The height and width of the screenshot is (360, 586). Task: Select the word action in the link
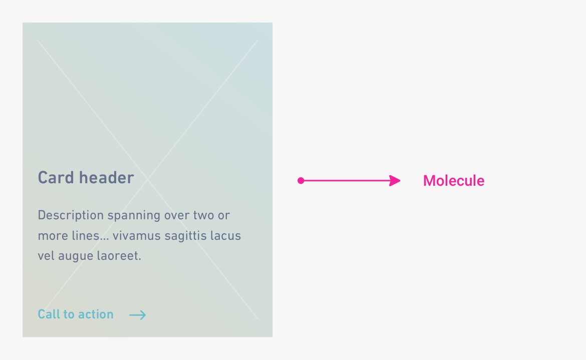click(96, 314)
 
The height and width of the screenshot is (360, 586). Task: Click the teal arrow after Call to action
click(138, 315)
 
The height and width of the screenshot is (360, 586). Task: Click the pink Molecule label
click(454, 181)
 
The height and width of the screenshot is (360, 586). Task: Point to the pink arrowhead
click(394, 181)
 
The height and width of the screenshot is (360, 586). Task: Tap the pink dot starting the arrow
click(301, 181)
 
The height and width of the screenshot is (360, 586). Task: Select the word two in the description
click(203, 216)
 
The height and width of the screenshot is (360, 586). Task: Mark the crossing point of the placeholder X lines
click(148, 179)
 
